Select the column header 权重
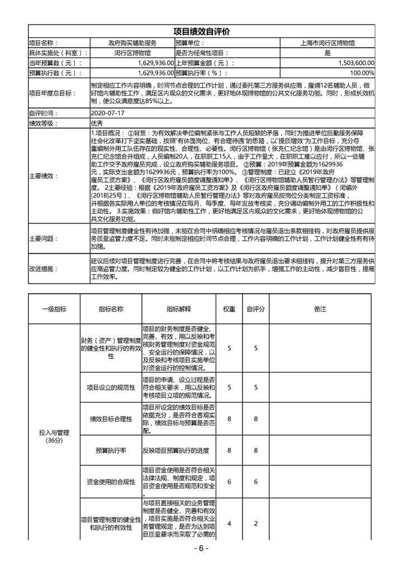tap(229, 309)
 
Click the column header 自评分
tap(255, 309)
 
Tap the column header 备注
tap(320, 309)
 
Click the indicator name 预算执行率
tap(111, 450)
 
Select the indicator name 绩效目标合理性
tap(111, 419)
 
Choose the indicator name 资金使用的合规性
tap(111, 481)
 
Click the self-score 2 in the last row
tap(255, 523)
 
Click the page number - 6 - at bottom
tap(199, 548)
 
